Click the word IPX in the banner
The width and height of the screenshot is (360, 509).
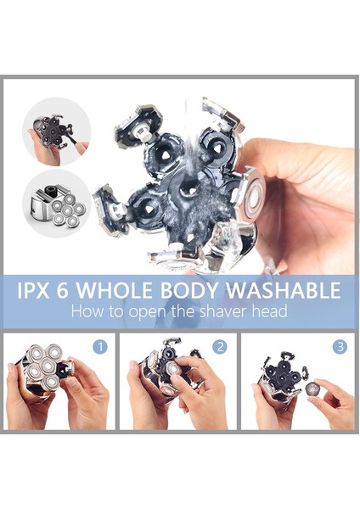(33, 290)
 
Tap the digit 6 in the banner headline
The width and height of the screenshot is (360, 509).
(62, 290)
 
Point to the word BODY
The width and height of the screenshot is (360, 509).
(188, 290)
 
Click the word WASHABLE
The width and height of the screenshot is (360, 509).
(283, 290)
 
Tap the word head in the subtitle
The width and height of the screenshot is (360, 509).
(271, 311)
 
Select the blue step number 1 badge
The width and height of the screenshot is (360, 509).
(100, 347)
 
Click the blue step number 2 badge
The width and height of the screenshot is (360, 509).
(220, 347)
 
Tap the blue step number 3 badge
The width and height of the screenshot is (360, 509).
(340, 347)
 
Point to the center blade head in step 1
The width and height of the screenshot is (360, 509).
(48, 366)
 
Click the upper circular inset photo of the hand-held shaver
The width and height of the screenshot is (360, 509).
(57, 131)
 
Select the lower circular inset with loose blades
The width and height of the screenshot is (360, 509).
(57, 204)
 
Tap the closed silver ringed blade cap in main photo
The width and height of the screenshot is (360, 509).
(254, 197)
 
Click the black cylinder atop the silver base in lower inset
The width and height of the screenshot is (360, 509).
(51, 190)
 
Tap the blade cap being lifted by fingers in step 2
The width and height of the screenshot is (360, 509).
(173, 369)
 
